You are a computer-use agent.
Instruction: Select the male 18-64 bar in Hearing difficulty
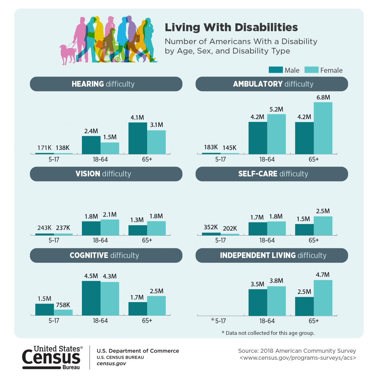[91, 145]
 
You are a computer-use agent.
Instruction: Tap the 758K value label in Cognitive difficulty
[63, 305]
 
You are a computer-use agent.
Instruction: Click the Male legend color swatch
[276, 70]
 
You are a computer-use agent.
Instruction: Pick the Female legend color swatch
[312, 70]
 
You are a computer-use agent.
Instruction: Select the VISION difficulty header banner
[106, 174]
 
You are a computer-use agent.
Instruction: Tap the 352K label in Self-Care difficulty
[211, 227]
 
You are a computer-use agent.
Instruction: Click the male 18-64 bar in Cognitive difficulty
[91, 298]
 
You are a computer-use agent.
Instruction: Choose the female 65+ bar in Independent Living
[323, 298]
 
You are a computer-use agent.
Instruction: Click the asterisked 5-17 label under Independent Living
[218, 321]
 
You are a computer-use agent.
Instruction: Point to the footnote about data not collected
[268, 333]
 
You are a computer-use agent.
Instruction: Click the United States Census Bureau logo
[52, 358]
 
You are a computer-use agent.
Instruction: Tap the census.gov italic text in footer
[111, 364]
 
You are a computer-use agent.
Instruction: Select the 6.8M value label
[323, 98]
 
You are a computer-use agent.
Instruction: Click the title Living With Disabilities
[231, 27]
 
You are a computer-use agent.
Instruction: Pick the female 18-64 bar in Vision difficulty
[110, 227]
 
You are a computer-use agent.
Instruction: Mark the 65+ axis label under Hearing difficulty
[147, 159]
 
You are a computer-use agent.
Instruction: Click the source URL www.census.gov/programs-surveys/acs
[298, 358]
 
